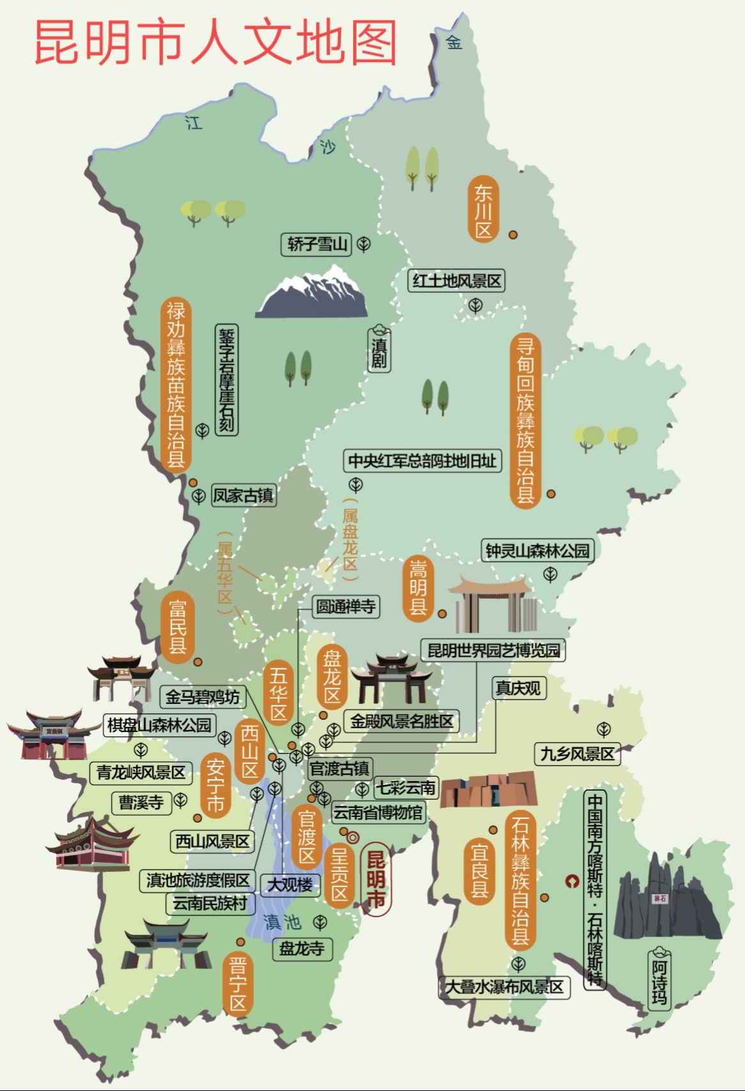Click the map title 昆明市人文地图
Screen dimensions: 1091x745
[216, 42]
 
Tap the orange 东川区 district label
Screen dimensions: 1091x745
[484, 209]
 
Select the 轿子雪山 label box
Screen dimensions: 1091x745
[316, 244]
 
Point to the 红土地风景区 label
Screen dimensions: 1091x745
[456, 281]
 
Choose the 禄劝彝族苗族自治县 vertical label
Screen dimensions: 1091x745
[176, 385]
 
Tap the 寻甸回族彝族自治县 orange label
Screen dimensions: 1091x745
[525, 420]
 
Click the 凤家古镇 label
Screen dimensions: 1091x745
[243, 495]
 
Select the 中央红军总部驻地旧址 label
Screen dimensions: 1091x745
[422, 461]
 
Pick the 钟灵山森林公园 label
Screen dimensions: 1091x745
[537, 551]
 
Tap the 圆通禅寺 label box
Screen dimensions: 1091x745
[346, 606]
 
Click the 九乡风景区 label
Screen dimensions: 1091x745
[577, 754]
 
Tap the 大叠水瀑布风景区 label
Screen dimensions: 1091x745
[504, 988]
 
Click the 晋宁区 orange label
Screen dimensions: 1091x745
[238, 984]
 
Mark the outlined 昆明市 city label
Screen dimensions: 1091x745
[376, 880]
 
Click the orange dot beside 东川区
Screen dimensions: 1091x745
[513, 234]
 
